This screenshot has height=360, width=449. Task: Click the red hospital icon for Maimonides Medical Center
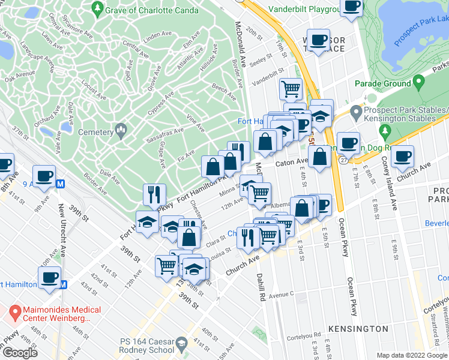click(15, 312)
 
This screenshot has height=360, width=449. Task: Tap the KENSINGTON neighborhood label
click(358, 329)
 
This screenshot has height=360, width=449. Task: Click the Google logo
click(20, 353)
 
